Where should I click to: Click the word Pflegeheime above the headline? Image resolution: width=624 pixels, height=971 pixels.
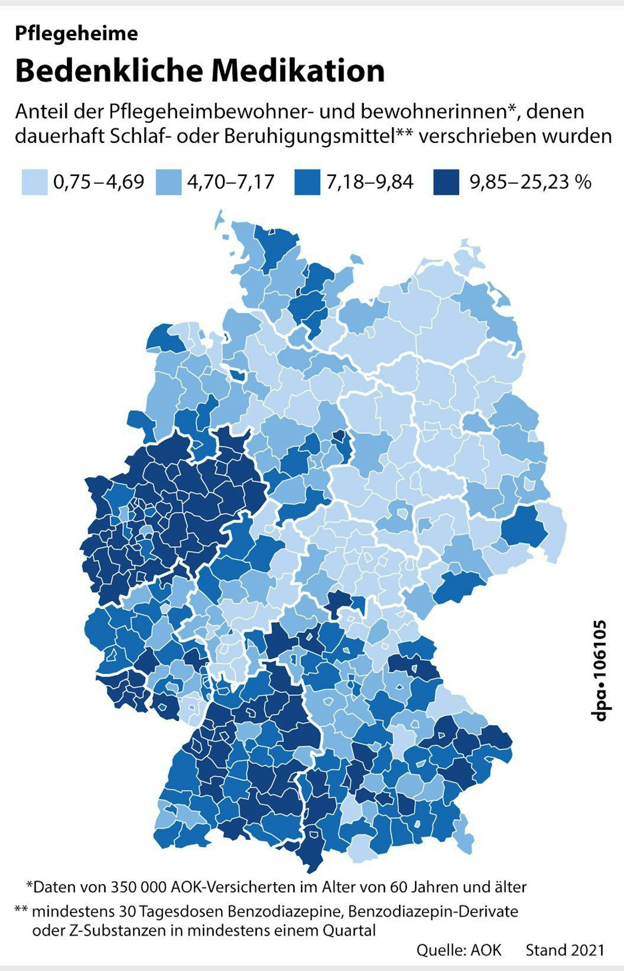(76, 34)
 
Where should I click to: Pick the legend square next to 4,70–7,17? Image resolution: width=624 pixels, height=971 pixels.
(168, 182)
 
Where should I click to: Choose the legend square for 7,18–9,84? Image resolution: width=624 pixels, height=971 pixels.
(307, 182)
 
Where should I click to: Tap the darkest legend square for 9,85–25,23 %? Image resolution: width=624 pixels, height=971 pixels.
(446, 182)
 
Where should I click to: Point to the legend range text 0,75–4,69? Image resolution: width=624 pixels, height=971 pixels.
(99, 182)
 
